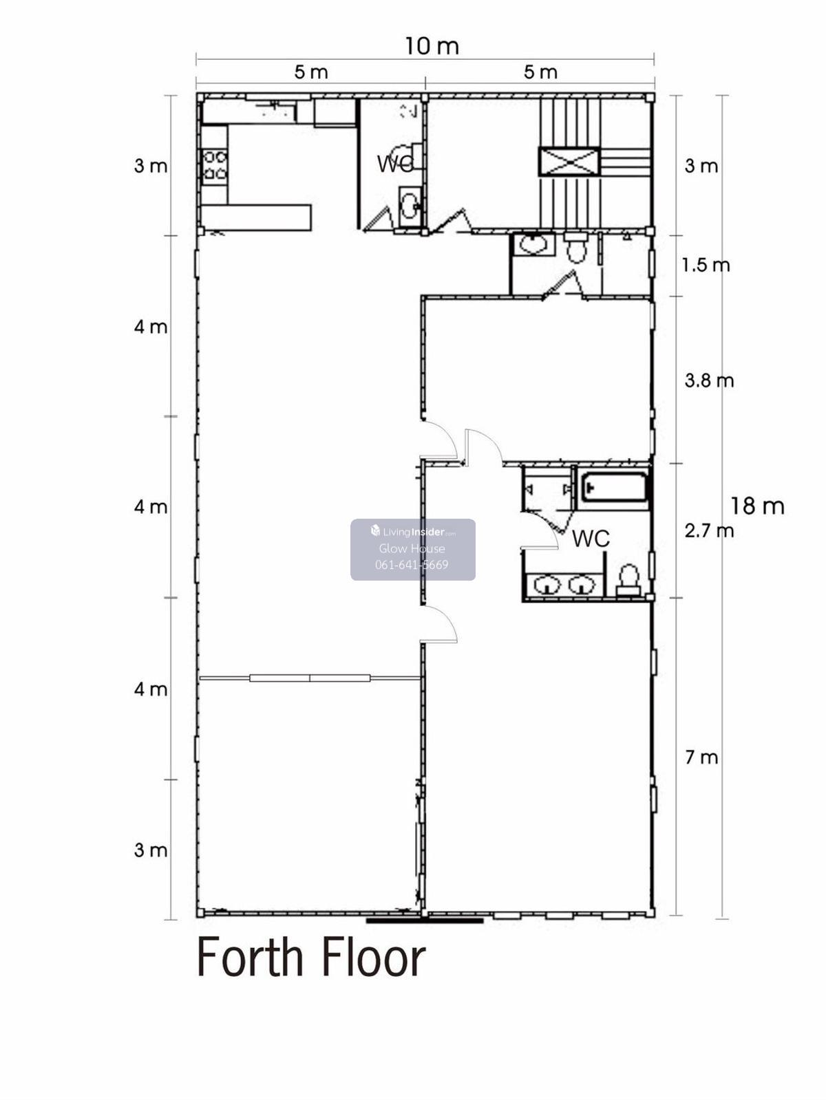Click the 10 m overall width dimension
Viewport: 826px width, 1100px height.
tap(432, 47)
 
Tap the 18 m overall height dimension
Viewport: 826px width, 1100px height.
tap(757, 506)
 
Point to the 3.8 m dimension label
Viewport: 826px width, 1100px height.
tap(709, 381)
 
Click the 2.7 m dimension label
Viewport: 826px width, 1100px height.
tap(709, 530)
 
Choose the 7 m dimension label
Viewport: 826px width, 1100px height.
tap(701, 757)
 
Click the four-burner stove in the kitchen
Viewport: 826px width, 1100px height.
tap(215, 166)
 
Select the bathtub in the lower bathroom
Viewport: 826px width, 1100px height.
tap(613, 486)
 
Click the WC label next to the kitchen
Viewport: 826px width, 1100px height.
tap(396, 164)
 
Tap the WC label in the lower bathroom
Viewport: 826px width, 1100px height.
tap(591, 539)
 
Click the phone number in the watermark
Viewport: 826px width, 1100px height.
tap(412, 565)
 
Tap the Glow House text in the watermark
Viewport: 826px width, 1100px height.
tap(412, 548)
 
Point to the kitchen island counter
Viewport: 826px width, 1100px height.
tap(256, 217)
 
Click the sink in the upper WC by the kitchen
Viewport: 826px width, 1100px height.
tap(410, 203)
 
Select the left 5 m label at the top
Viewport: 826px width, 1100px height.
tap(310, 72)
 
